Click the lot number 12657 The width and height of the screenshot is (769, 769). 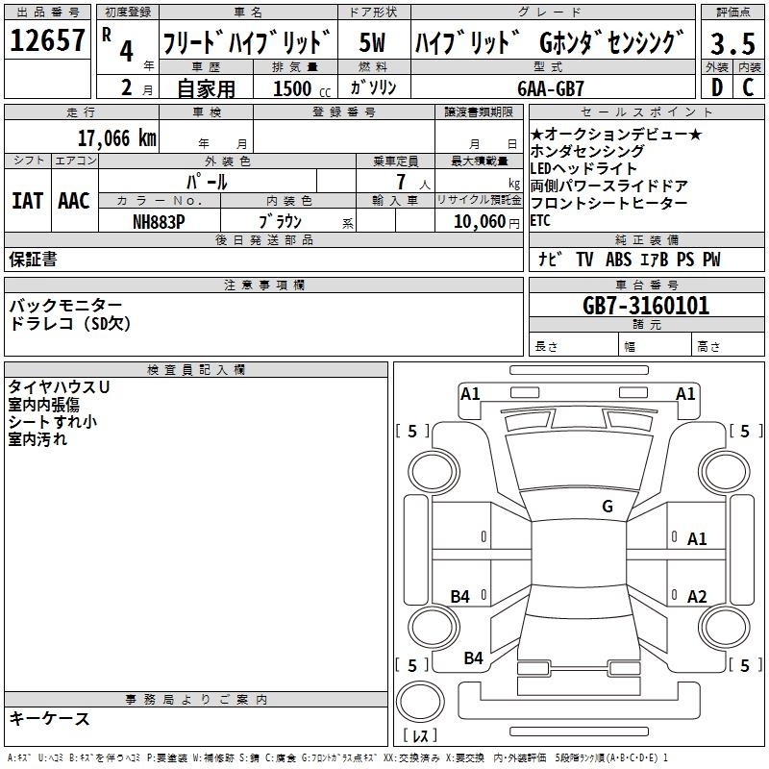(47, 40)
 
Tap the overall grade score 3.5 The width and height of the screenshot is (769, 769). (732, 43)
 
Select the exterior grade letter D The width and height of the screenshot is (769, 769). (717, 87)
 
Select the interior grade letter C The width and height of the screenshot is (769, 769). (748, 87)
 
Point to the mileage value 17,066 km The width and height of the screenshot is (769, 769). (116, 137)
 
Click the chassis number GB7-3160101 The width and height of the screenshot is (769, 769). (646, 306)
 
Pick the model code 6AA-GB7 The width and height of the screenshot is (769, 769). (551, 88)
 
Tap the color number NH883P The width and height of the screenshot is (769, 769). (159, 222)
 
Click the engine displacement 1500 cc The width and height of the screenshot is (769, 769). (302, 88)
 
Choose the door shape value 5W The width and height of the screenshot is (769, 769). (372, 42)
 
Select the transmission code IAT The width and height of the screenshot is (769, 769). (27, 201)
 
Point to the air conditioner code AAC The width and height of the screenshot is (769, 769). (74, 201)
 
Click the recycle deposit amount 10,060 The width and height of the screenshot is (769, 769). (480, 222)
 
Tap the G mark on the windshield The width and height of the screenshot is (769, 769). (608, 506)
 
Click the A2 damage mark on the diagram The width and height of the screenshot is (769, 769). (697, 596)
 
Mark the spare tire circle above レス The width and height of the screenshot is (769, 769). (420, 702)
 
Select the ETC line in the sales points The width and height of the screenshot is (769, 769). (540, 221)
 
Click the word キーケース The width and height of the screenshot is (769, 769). (50, 719)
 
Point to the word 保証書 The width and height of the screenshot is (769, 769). (33, 259)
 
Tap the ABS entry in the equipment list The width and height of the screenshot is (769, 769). (618, 260)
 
